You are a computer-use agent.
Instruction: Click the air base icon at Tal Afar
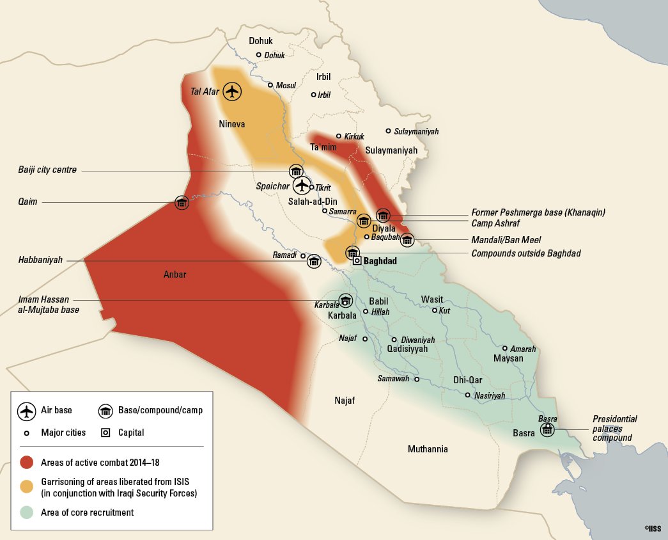coord(233,91)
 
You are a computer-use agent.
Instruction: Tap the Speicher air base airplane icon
coord(302,186)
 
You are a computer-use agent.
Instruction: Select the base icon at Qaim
coord(182,203)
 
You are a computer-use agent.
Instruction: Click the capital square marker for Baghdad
coord(357,260)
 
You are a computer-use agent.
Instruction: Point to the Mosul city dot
coord(270,85)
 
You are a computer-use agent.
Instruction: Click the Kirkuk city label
coord(354,136)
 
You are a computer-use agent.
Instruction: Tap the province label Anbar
coord(175,274)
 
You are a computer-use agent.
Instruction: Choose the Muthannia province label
coord(428,449)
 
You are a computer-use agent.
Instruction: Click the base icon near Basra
coord(547,429)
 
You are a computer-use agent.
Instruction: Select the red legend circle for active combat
coord(26,462)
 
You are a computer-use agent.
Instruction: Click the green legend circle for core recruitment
coord(26,512)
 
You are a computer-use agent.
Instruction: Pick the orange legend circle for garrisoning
coord(26,487)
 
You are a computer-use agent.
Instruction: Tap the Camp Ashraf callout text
coord(496,223)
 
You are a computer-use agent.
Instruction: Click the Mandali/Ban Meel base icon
coord(407,241)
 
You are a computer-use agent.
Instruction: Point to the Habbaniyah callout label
coord(40,260)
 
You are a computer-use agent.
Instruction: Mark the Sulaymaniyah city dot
coord(388,131)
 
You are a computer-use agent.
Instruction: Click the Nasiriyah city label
coord(490,396)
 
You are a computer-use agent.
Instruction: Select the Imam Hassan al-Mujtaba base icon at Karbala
coord(345,301)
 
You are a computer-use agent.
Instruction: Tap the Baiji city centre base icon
coord(295,171)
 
